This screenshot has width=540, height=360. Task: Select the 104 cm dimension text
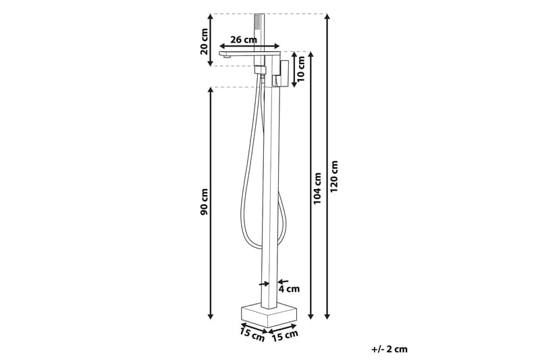317,188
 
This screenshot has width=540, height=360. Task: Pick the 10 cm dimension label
302,68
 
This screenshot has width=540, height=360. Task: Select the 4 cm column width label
289,289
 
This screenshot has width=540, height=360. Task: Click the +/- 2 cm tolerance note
389,349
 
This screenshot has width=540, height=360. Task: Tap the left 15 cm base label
251,334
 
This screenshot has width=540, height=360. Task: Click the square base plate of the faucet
269,314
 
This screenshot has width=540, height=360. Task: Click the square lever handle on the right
283,73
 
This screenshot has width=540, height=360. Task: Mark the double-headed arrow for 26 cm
250,47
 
